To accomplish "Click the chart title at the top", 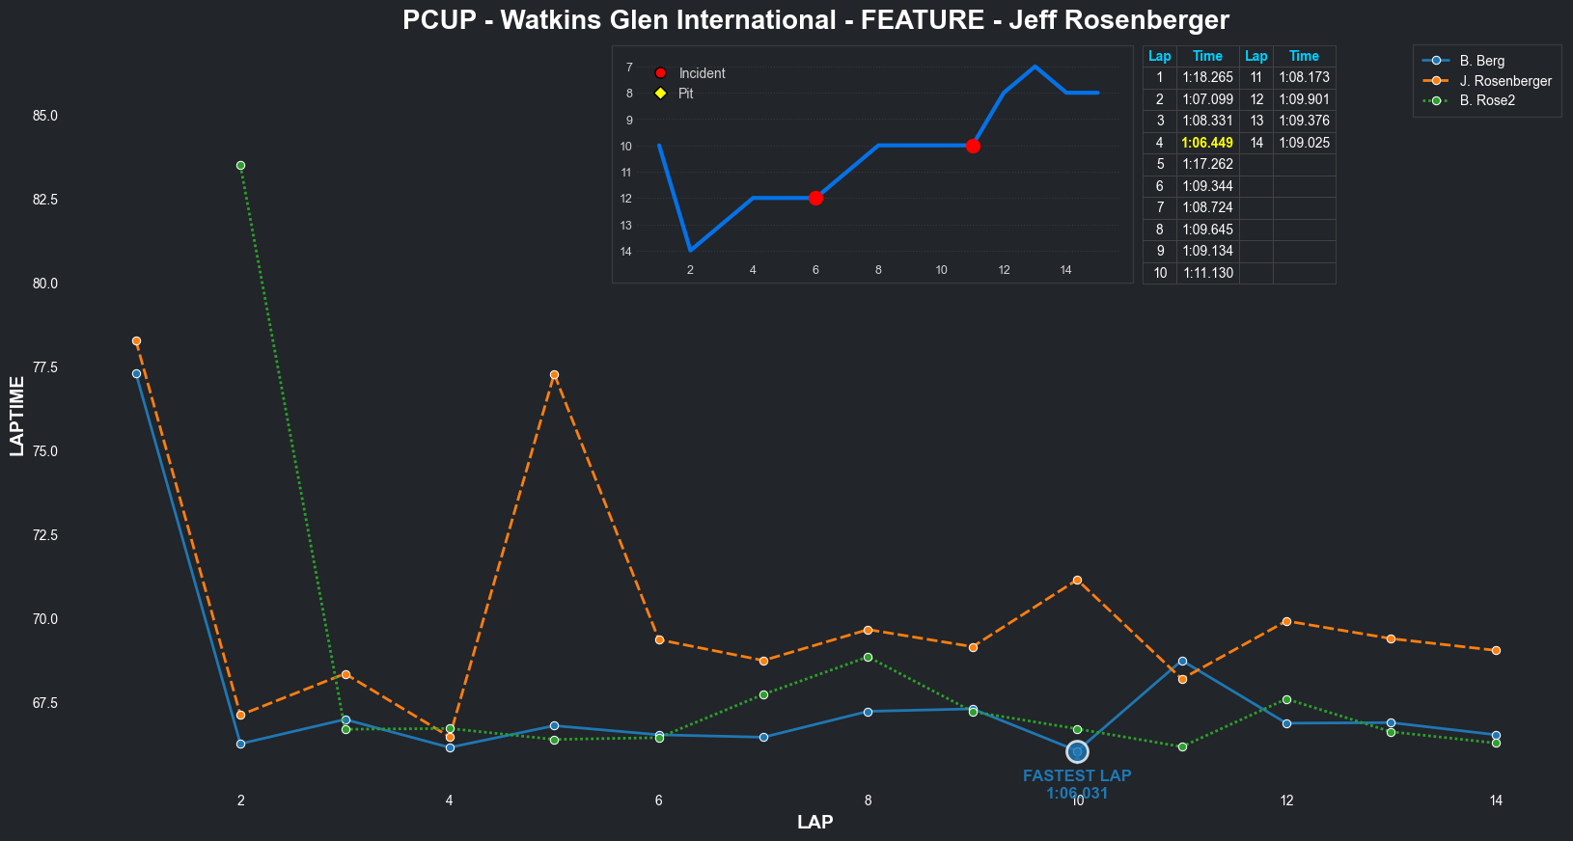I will click(x=815, y=20).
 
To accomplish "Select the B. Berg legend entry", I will click(x=1481, y=61).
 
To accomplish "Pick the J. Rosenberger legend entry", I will click(x=1504, y=81).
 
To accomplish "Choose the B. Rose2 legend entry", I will click(x=1487, y=100).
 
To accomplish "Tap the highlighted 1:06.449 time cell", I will click(x=1207, y=143).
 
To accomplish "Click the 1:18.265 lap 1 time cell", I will click(x=1207, y=77).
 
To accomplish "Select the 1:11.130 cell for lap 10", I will click(x=1207, y=273).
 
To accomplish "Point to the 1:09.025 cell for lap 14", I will click(x=1304, y=143).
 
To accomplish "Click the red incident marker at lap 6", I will click(x=815, y=198).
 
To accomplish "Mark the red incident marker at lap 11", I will click(x=973, y=146).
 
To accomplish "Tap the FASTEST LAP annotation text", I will click(x=1077, y=776).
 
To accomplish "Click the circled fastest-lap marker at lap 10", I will click(x=1077, y=751).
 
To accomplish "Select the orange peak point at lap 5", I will click(x=554, y=374).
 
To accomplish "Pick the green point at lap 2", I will click(x=240, y=165).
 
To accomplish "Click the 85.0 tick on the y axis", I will click(x=45, y=116).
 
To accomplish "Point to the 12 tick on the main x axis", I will click(x=1286, y=800).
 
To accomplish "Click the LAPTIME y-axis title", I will click(x=17, y=416).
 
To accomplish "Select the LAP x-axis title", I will click(x=815, y=823).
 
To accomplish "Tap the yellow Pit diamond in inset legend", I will click(x=660, y=94).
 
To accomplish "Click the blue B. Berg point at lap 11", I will click(x=1182, y=661).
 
